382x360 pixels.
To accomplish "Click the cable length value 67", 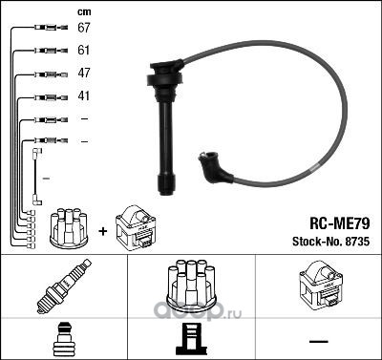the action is pos(84,28).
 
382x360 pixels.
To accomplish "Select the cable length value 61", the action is pos(84,51).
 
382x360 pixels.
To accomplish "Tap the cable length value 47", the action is pos(84,73).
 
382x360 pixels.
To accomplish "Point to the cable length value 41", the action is pos(84,95).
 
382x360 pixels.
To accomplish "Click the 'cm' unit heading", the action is pos(84,12).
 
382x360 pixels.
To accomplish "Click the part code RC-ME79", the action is pos(340,223).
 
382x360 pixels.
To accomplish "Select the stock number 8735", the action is pos(357,242).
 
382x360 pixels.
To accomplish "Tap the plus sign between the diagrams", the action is pos(103,231).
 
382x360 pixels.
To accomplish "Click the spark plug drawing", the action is pos(64,286).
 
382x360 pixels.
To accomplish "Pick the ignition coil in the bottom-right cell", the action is pos(320,286).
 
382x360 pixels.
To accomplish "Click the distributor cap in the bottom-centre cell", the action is pos(191,285).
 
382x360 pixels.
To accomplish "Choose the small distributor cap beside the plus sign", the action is pos(69,228).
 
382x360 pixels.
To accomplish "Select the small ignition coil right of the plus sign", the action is pos(136,227).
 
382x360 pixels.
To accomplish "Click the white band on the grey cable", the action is pos(314,167).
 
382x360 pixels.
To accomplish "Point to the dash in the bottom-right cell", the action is pos(319,342).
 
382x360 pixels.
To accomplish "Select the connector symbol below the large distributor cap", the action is pos(191,340).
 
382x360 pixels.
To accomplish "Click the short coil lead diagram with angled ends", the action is pos(36,177).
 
